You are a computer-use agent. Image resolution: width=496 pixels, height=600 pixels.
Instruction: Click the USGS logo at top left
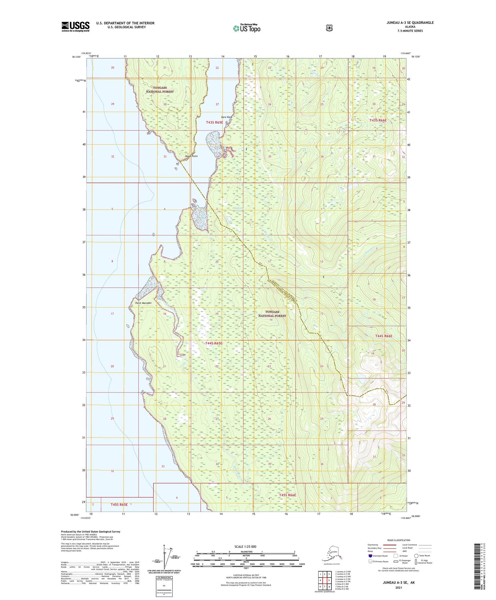(x=76, y=26)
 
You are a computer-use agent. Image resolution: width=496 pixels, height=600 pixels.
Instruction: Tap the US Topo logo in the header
(x=246, y=28)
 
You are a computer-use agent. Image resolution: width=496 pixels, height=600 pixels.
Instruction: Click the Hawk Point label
(x=191, y=156)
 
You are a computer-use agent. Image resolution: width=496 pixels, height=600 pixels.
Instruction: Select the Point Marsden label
(x=143, y=303)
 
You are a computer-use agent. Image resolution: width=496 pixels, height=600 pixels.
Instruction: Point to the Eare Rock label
(x=227, y=117)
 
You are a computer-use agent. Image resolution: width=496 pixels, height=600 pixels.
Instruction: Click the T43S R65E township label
(x=215, y=123)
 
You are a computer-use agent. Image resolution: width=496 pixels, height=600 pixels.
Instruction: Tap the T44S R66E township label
(x=383, y=336)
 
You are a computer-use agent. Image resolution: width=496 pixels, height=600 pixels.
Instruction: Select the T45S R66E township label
(x=287, y=495)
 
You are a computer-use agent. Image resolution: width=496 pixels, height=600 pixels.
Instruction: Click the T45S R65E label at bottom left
(x=119, y=504)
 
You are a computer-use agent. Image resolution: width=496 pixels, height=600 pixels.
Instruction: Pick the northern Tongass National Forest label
(x=160, y=90)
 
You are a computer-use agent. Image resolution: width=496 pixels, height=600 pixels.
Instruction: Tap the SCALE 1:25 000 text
(x=245, y=547)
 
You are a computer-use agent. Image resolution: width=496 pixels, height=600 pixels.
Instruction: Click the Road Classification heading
(x=398, y=540)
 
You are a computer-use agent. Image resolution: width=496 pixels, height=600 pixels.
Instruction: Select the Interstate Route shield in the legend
(x=370, y=556)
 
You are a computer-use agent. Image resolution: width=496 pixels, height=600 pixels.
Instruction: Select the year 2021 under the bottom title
(x=399, y=587)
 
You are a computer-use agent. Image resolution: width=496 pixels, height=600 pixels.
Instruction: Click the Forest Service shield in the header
(x=329, y=28)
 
